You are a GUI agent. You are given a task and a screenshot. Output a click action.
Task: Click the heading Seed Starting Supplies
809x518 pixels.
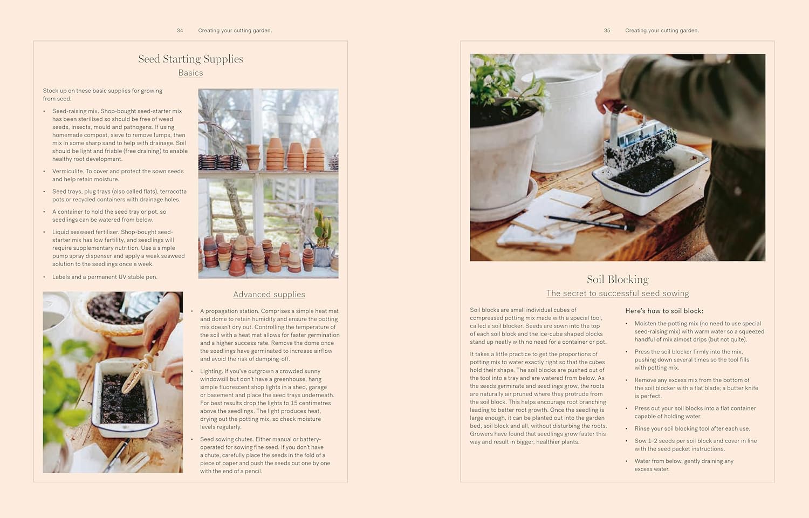click(x=190, y=59)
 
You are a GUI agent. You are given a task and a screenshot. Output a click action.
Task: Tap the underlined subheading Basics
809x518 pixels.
click(x=190, y=73)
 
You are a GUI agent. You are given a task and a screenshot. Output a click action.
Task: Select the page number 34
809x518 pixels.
click(x=180, y=31)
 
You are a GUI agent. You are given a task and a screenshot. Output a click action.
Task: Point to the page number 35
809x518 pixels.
click(x=607, y=31)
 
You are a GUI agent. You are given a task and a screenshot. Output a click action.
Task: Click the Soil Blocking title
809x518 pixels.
click(x=618, y=280)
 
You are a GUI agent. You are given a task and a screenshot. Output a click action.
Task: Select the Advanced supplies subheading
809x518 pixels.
click(x=269, y=294)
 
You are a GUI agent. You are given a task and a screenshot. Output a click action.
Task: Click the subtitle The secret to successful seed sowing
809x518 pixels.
click(x=618, y=294)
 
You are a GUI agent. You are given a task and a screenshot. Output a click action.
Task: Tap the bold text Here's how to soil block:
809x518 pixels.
click(x=664, y=311)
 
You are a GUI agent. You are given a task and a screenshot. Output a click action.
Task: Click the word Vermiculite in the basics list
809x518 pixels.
click(x=67, y=172)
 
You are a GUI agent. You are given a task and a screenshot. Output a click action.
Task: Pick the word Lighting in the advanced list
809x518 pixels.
click(x=211, y=371)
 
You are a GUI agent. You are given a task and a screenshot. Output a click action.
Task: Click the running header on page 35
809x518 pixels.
click(x=662, y=31)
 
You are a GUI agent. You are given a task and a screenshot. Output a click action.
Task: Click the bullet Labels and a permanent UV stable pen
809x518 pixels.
click(x=105, y=277)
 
